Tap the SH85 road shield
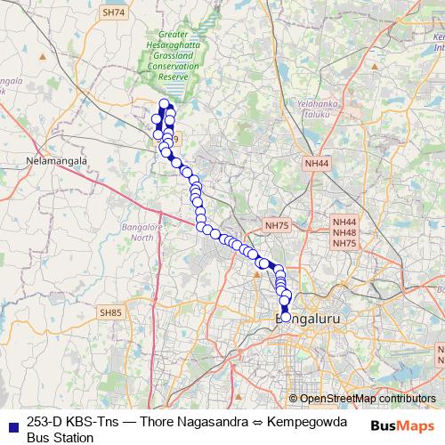[x=111, y=312]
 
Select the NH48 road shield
[x=344, y=232]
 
